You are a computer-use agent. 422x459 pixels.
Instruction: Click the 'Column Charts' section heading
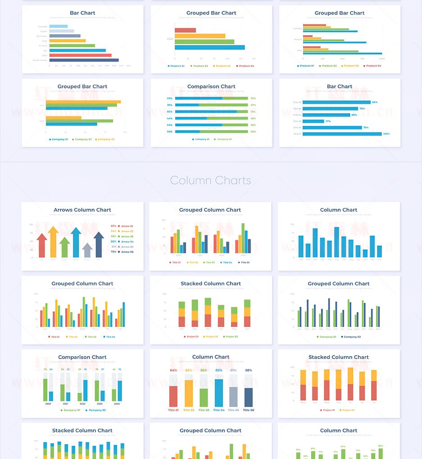coord(210,181)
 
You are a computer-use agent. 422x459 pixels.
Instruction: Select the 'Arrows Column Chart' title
coord(82,210)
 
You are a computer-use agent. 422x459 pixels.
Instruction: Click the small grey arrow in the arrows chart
coord(87,250)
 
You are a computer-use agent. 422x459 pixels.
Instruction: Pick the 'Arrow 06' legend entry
coord(126,252)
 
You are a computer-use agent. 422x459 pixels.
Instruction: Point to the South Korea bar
coord(84,60)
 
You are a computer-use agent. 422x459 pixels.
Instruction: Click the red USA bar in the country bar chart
coord(80,55)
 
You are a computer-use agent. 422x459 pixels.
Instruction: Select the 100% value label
coord(386,134)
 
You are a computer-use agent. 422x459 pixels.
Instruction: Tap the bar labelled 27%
coord(313,121)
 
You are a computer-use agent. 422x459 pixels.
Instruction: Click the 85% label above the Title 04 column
coord(219,370)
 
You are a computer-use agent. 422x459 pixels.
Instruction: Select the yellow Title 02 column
coord(189,393)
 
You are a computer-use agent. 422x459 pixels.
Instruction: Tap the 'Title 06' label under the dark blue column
coord(249,410)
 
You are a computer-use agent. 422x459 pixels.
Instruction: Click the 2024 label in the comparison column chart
coord(117,404)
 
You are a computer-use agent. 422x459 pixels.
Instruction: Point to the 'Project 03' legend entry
coord(231,337)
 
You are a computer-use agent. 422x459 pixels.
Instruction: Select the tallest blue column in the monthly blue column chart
coord(336,242)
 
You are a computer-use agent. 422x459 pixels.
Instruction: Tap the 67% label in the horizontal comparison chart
coord(253,105)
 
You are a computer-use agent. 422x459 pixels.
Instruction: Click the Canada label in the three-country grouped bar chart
coord(297,28)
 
